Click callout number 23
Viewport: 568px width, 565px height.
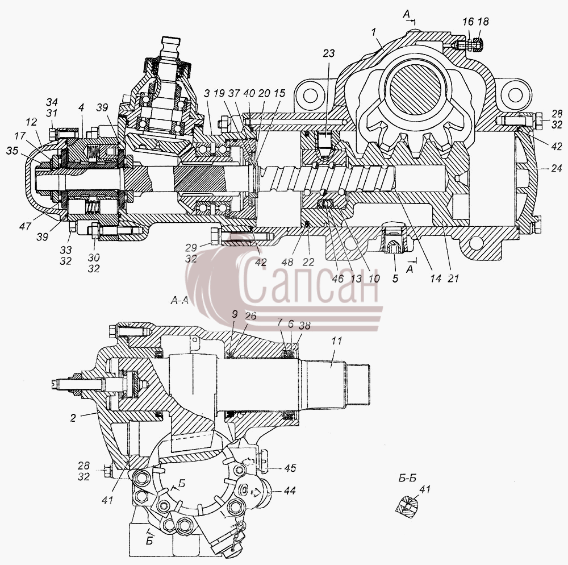[x=328, y=53]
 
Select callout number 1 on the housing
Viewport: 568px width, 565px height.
[x=374, y=32]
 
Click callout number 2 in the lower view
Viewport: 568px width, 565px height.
[x=73, y=418]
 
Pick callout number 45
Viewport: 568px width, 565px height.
[x=290, y=468]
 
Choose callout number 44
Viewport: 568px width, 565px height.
[x=290, y=491]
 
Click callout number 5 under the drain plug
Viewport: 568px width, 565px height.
[x=395, y=279]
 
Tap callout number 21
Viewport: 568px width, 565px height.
[x=453, y=279]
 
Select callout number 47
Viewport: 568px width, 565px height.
[x=26, y=227]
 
